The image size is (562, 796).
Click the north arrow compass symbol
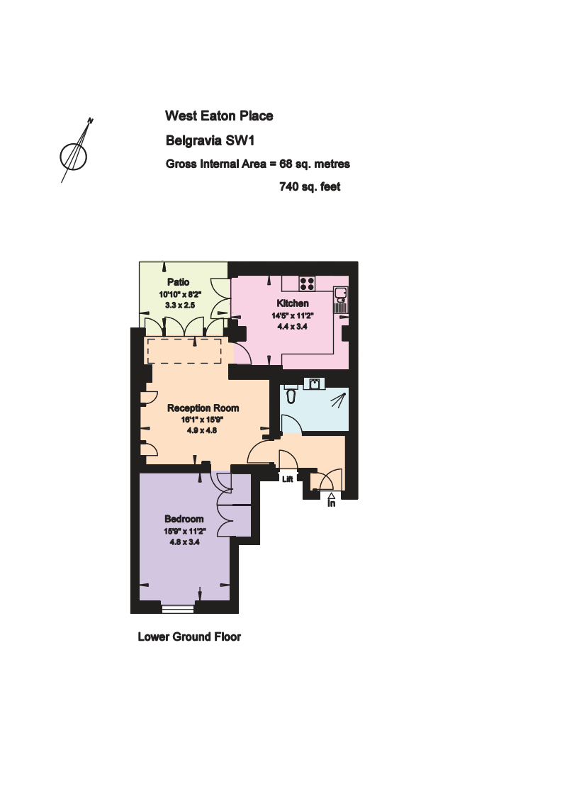(x=75, y=152)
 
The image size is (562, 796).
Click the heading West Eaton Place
(x=219, y=116)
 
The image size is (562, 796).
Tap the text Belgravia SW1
(x=210, y=140)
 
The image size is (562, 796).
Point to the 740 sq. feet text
(x=310, y=187)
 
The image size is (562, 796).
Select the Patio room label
(x=178, y=282)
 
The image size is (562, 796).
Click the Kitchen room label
(x=293, y=303)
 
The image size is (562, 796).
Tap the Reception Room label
(x=203, y=408)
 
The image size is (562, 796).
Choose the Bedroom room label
(x=184, y=519)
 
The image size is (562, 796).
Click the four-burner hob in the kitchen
(x=307, y=284)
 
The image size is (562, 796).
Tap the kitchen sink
(x=341, y=300)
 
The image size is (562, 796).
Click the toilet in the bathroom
(x=291, y=393)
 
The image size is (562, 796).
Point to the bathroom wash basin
(x=314, y=383)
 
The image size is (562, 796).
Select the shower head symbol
(x=337, y=400)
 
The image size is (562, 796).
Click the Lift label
(x=287, y=478)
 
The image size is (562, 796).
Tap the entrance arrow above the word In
(x=332, y=496)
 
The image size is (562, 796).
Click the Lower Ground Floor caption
(x=189, y=637)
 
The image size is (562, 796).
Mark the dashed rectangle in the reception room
(x=184, y=351)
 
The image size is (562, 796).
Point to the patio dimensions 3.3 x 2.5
(x=180, y=305)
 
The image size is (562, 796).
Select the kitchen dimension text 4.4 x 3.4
(x=293, y=327)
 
